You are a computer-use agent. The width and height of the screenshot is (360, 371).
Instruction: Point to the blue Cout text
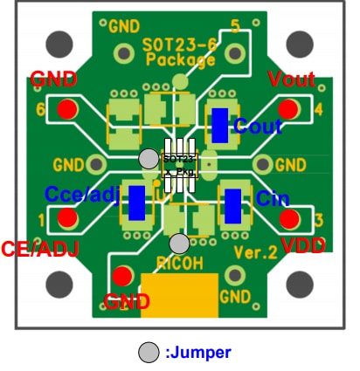click(258, 127)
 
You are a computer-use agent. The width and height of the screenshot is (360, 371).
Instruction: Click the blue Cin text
click(273, 199)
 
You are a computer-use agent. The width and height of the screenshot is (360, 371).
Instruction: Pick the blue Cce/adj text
click(82, 192)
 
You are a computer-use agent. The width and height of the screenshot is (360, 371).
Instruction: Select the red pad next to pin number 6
click(67, 109)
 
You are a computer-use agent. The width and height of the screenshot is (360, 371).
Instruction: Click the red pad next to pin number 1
click(66, 218)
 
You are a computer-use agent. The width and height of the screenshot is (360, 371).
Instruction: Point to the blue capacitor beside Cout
click(220, 125)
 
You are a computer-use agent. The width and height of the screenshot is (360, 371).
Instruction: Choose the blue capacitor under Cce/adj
click(136, 203)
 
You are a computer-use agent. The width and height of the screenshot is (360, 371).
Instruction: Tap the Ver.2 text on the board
click(253, 253)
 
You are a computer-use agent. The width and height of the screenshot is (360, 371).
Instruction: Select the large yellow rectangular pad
click(179, 296)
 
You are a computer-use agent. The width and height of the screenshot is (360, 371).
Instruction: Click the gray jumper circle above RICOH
click(179, 243)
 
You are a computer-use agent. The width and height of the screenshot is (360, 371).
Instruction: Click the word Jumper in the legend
click(198, 353)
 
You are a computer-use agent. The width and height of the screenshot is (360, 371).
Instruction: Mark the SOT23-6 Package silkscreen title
click(180, 52)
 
